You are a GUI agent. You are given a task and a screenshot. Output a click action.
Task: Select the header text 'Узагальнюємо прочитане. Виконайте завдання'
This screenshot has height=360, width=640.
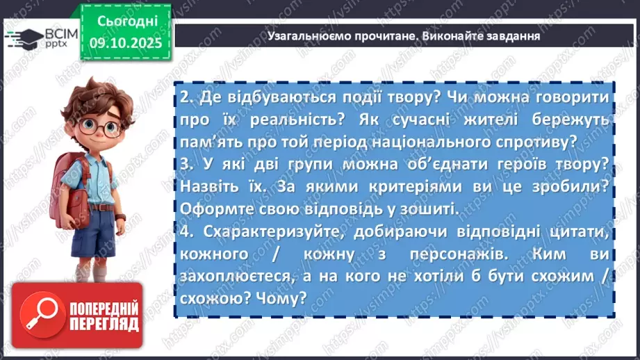(403, 35)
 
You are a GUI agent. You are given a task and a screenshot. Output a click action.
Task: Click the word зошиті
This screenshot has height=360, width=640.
(428, 208)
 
